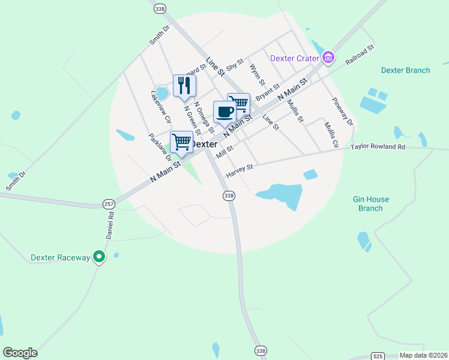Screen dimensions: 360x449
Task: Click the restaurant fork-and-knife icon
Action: pos(184,85)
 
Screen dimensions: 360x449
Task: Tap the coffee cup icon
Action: pos(225,112)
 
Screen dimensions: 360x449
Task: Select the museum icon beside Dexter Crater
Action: pos(328,58)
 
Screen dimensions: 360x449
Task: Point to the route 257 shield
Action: pos(109,204)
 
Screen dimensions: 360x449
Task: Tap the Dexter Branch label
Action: pos(405,70)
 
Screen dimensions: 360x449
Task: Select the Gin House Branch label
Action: pos(370,204)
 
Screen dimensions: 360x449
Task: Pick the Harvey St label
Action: pos(240,172)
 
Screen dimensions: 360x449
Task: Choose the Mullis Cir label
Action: pos(331,135)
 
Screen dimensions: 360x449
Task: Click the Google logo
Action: pos(20,353)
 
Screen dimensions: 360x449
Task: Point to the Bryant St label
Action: pos(268,93)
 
